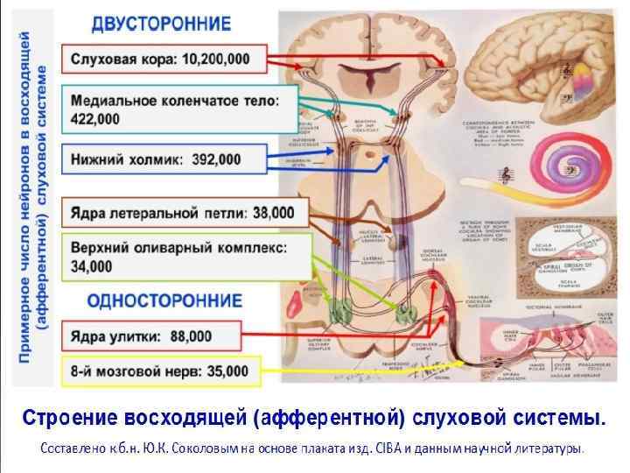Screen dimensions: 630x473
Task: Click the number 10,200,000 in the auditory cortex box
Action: pos(213,60)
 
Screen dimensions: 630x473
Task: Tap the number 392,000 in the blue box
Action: pos(214,160)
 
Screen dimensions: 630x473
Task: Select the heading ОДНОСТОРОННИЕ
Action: pos(164,300)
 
